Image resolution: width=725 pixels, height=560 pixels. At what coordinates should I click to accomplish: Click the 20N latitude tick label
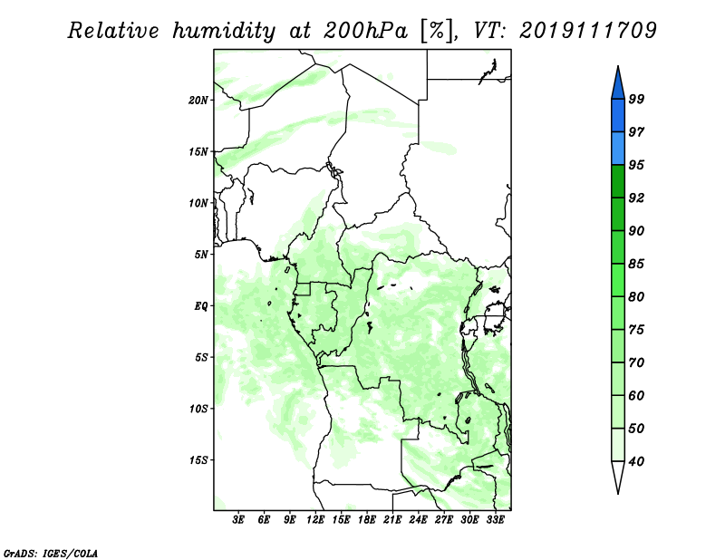(x=198, y=101)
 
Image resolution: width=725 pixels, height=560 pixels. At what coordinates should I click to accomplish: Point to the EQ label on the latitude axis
(x=201, y=306)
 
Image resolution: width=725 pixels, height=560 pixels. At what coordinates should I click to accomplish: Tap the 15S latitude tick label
(x=198, y=460)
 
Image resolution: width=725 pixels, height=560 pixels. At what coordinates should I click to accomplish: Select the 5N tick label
(x=201, y=255)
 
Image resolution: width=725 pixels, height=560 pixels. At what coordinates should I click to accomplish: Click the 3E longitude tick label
(x=238, y=519)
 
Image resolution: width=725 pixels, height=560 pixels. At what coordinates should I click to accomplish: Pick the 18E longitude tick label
(x=367, y=519)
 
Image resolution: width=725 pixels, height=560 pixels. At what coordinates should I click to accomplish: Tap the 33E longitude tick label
(x=495, y=519)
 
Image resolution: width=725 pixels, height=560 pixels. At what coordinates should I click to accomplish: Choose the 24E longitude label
(x=418, y=519)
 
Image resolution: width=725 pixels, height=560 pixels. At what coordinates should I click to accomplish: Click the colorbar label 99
(x=636, y=99)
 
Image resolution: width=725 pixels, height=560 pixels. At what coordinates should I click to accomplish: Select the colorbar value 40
(x=636, y=461)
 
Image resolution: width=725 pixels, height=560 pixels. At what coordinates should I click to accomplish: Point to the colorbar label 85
(x=636, y=264)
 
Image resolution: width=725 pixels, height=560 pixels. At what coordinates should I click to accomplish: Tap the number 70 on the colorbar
(x=636, y=362)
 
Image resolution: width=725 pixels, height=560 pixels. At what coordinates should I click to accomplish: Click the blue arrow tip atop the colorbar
(x=618, y=66)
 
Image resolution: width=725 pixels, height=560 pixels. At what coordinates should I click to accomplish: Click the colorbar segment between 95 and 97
(x=618, y=149)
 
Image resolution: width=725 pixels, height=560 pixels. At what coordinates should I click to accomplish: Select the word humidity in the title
(x=224, y=32)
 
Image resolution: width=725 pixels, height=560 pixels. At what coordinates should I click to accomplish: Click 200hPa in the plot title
(x=365, y=31)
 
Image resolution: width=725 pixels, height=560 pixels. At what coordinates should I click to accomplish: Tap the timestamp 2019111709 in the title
(x=587, y=31)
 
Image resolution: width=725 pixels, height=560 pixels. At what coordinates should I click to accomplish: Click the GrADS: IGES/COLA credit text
(x=51, y=553)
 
